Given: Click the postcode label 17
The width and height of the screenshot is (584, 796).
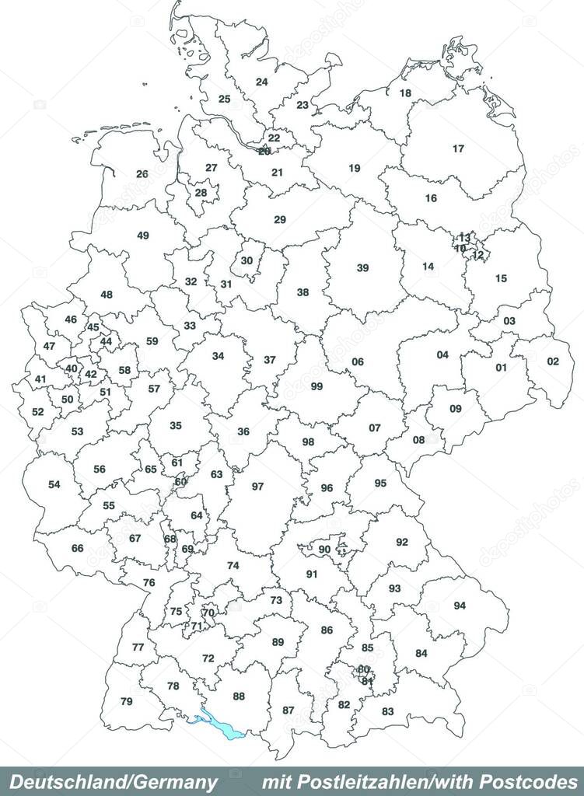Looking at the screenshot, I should [459, 148].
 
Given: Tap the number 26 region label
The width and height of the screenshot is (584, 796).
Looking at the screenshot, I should [142, 174].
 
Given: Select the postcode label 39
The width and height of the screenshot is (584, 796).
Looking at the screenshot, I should [362, 268].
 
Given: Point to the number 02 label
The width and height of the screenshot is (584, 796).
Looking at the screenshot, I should [553, 361].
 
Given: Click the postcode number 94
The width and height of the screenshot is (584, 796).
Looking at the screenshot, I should [460, 606].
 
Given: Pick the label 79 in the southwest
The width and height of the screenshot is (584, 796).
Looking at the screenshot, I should [127, 702].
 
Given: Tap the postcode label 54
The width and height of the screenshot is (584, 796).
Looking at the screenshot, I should [54, 485].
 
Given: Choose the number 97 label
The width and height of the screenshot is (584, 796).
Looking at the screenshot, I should [257, 487].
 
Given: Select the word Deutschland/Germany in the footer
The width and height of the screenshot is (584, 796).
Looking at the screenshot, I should [114, 782].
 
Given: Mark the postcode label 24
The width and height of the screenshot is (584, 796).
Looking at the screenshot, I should [262, 82].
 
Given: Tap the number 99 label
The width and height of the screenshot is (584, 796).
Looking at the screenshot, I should [316, 386].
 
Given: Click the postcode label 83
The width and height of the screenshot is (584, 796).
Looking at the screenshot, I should [387, 711].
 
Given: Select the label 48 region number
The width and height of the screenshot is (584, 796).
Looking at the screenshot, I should [107, 295].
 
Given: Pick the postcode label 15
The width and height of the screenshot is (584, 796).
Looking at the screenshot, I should [501, 278].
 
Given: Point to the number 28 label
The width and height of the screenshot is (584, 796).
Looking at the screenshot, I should [201, 193].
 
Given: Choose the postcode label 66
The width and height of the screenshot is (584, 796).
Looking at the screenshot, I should [77, 549].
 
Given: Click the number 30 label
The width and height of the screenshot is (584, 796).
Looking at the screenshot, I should [247, 260].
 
